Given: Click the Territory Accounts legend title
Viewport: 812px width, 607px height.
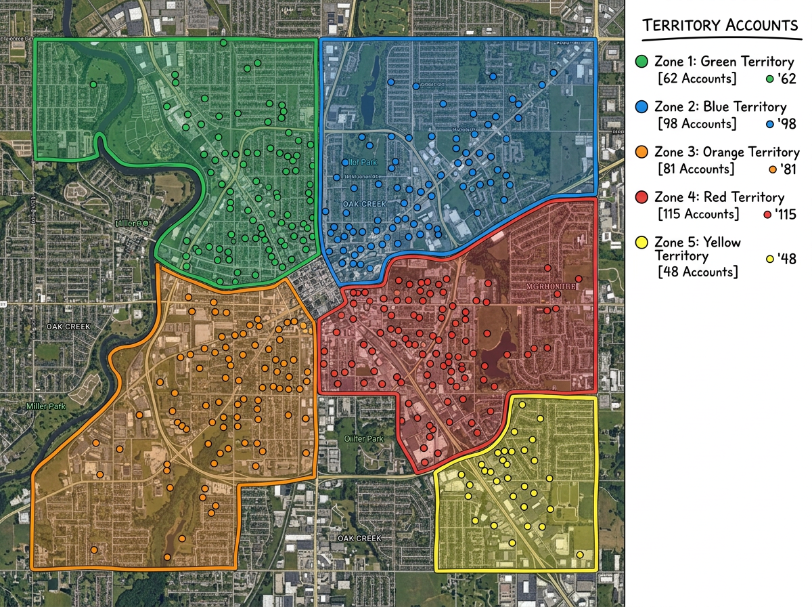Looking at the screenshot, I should pyautogui.click(x=721, y=26).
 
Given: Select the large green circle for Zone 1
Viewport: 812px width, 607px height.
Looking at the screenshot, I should pyautogui.click(x=642, y=62).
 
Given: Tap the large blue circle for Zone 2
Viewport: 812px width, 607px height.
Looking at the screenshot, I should pyautogui.click(x=642, y=107).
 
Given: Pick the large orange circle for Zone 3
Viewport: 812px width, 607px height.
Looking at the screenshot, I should pyautogui.click(x=642, y=152).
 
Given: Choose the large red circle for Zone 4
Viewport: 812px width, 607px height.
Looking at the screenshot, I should pyautogui.click(x=642, y=197).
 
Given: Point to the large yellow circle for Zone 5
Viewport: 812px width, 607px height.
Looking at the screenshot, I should pyautogui.click(x=642, y=243).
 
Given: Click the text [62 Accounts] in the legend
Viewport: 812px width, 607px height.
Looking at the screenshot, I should pyautogui.click(x=697, y=79).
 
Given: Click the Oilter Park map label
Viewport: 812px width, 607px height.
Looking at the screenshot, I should pyautogui.click(x=364, y=439).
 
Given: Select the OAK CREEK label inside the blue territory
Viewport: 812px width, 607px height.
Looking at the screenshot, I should pyautogui.click(x=364, y=204).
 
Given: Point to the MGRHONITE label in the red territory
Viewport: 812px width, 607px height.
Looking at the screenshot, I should pyautogui.click(x=549, y=287).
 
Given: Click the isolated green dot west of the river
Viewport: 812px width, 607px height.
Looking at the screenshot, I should pyautogui.click(x=93, y=85).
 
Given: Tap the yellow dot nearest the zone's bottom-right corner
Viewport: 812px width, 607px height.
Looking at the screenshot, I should pyautogui.click(x=580, y=555).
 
